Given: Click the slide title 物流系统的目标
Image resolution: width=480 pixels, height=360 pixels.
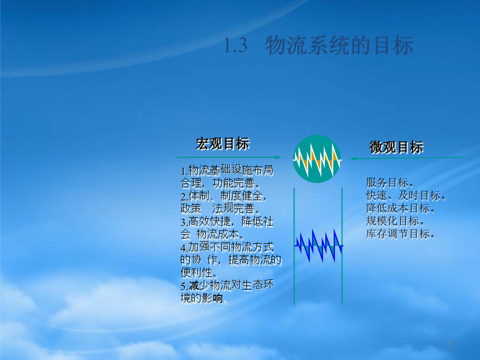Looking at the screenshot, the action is point(339,45).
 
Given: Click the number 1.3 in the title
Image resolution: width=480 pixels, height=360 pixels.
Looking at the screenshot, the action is point(235,45).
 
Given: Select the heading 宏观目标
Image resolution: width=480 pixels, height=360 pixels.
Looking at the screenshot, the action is point(223,143).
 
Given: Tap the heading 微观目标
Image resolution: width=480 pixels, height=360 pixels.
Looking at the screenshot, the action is point(396,147).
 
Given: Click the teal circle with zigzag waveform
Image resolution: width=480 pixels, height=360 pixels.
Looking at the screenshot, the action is point(317,159).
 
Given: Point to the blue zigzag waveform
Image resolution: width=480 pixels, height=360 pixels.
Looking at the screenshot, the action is point(319,246).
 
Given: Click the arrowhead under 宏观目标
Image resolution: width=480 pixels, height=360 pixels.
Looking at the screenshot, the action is point(278,157).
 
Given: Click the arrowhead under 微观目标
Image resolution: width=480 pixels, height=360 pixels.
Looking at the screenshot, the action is point(353,158).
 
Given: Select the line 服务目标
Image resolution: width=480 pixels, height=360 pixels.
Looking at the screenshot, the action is point(390,183).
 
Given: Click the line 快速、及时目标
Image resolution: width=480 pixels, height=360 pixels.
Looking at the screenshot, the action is point(406,196).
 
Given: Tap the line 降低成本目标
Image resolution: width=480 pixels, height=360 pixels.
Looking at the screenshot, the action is point(401,209).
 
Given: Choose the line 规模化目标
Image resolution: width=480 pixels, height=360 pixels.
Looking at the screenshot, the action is point(395,221).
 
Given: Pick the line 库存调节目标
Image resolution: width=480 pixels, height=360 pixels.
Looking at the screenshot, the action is point(401,234).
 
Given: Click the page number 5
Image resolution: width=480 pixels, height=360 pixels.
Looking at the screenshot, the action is point(449,344).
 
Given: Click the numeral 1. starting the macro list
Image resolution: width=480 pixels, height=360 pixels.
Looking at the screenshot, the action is point(185,171).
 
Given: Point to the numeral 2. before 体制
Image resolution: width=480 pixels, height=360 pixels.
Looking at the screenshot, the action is point(185,196).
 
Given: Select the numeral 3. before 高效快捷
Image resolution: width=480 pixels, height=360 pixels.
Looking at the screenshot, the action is point(185,222).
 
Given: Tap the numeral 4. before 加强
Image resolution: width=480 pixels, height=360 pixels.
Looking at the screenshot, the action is point(185,247).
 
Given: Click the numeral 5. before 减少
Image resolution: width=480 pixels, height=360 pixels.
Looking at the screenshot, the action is point(185,286).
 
